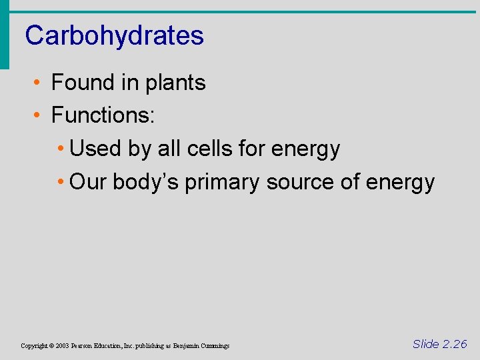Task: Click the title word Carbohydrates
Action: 114,35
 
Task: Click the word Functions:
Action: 103,115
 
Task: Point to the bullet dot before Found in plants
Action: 39,83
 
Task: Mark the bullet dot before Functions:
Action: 39,116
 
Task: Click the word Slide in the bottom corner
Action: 425,344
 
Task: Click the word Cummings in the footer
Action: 214,346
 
